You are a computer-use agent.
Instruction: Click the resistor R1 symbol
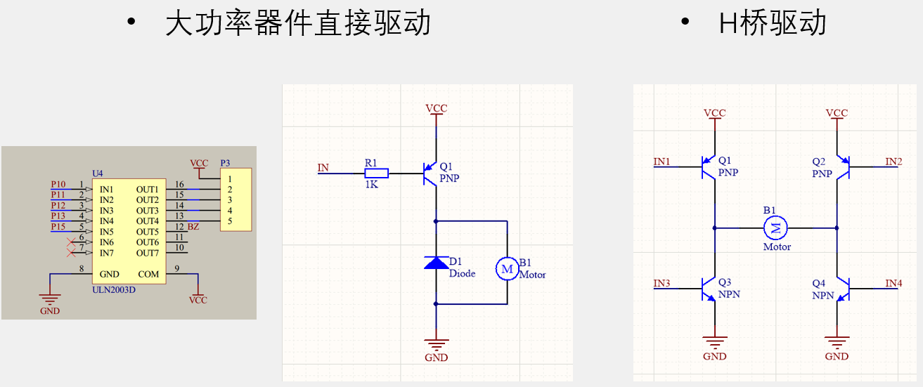[x=376, y=173]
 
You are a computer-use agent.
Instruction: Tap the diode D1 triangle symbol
[x=437, y=263]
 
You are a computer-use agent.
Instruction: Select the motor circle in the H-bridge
[x=776, y=227]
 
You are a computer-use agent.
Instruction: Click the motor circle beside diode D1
[x=507, y=268]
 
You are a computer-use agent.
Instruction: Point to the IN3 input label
[x=661, y=283]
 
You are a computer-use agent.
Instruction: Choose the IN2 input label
[x=893, y=162]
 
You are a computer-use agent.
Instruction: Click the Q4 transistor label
[x=818, y=283]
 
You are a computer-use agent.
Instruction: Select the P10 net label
[x=58, y=185]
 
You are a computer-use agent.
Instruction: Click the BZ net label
[x=193, y=227]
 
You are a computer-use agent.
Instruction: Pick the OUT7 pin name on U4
[x=148, y=253]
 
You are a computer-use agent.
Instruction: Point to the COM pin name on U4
[x=148, y=274]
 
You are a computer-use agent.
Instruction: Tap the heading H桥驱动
[x=772, y=24]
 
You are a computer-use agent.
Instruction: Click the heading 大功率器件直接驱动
[x=297, y=24]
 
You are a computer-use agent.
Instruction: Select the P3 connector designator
[x=225, y=163]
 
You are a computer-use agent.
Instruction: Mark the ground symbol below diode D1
[x=437, y=344]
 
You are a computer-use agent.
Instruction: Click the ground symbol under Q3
[x=715, y=344]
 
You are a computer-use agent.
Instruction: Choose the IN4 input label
[x=893, y=283]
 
